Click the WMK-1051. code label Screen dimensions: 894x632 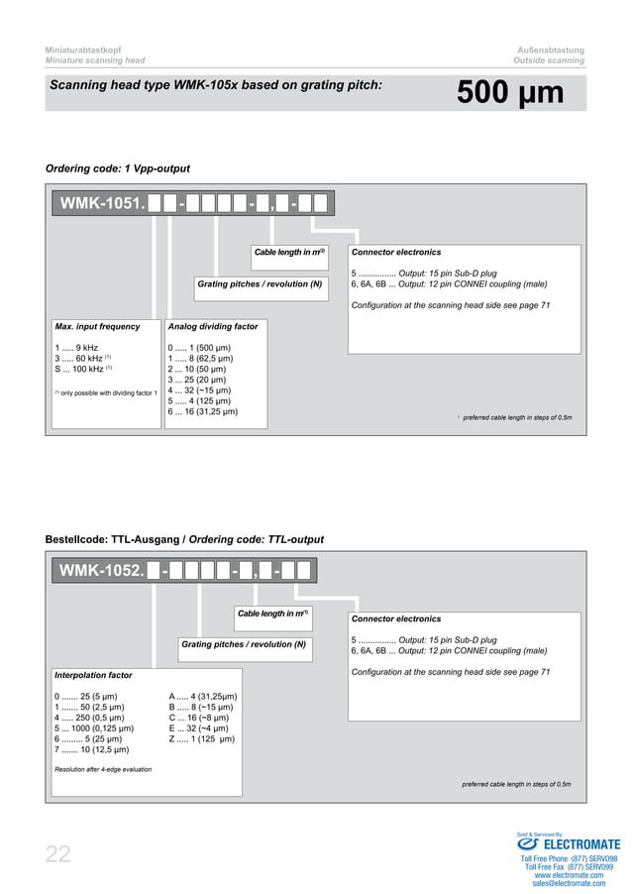103,204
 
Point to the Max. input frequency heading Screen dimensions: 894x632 97,326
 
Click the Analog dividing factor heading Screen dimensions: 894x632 213,326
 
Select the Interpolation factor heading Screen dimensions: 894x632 93,675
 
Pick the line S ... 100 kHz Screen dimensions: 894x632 82,369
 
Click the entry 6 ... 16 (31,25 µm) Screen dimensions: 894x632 202,411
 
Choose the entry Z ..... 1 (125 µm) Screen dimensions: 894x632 202,739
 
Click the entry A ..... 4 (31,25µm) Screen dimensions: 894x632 203,697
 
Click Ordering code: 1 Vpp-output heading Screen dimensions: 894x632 118,168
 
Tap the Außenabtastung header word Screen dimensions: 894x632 551,50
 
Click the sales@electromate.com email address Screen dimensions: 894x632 570,883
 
